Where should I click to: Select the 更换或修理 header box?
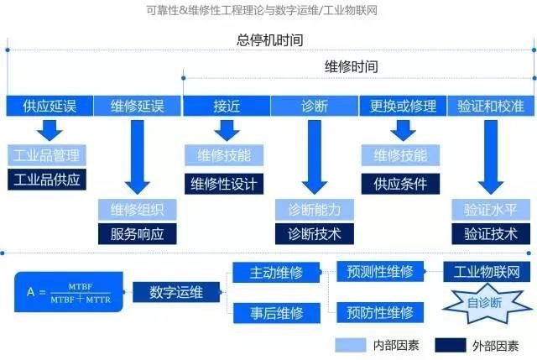[x=399, y=106]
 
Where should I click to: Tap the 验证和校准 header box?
[x=490, y=106]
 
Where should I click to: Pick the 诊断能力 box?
[x=315, y=209]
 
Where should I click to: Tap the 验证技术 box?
[x=491, y=234]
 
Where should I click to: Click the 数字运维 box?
[x=175, y=292]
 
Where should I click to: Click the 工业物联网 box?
[x=487, y=272]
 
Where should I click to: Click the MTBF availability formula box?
[x=68, y=292]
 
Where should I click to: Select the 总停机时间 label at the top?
[x=268, y=40]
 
